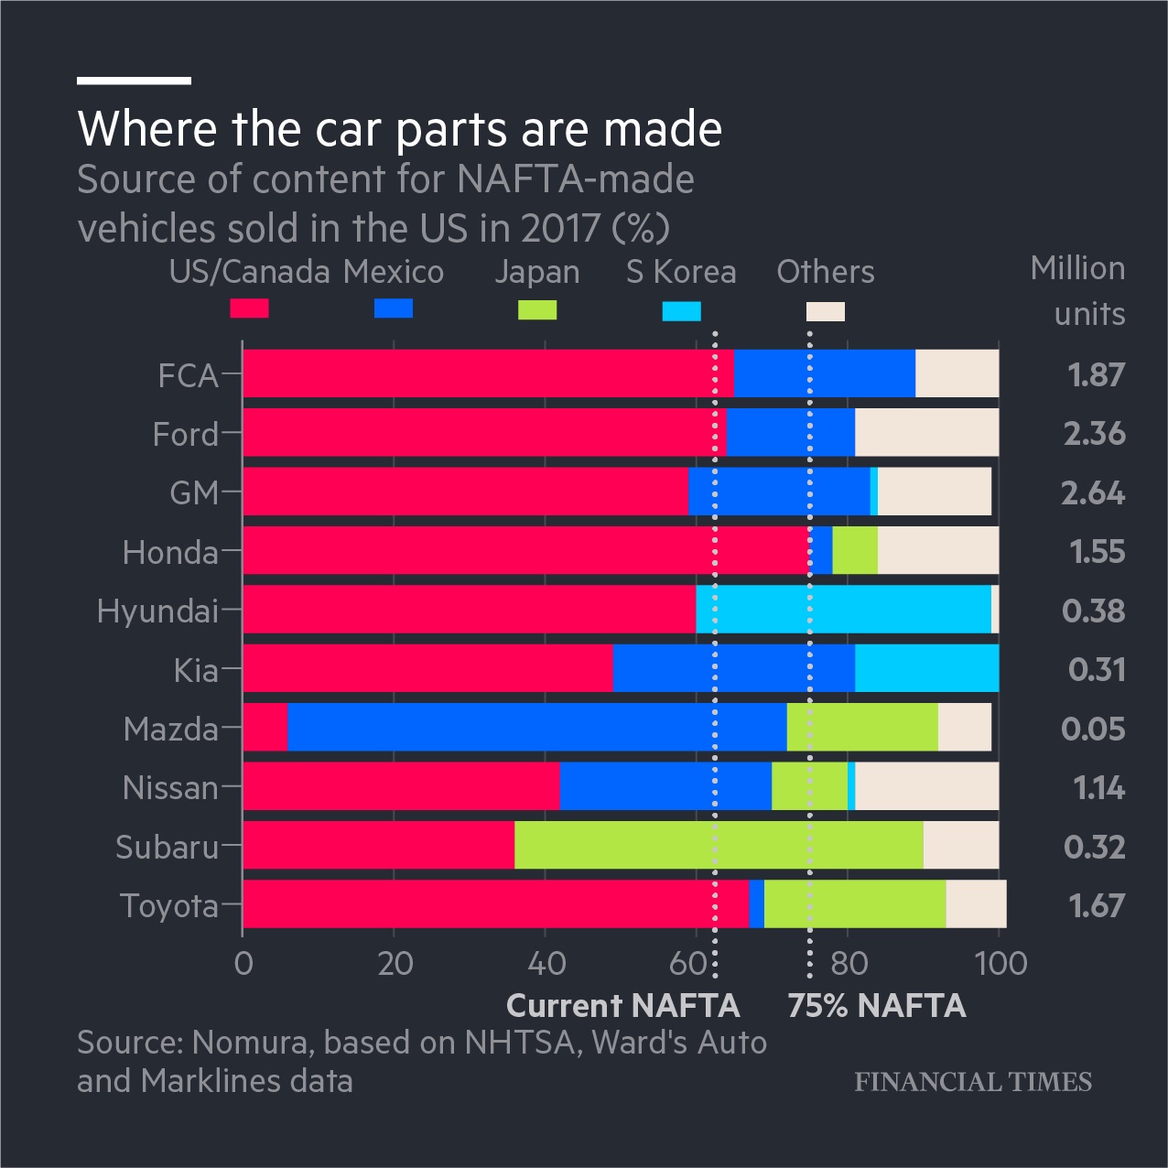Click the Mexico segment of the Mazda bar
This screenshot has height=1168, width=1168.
pyautogui.click(x=536, y=728)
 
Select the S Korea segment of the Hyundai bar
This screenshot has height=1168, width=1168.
pyautogui.click(x=843, y=610)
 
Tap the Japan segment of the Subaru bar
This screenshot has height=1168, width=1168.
pyautogui.click(x=719, y=845)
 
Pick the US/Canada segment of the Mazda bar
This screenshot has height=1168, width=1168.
pyautogui.click(x=265, y=728)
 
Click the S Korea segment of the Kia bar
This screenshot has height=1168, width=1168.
pyautogui.click(x=926, y=668)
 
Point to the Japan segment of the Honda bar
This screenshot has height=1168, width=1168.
pyautogui.click(x=854, y=550)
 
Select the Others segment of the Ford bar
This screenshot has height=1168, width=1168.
pyautogui.click(x=926, y=432)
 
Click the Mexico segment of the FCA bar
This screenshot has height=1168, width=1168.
pyautogui.click(x=824, y=373)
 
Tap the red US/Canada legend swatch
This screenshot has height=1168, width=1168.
pyautogui.click(x=249, y=308)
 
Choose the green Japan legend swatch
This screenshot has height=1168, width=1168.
pyautogui.click(x=537, y=309)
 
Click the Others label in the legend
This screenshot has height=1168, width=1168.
pyautogui.click(x=826, y=272)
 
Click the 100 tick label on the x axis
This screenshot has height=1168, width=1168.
pyautogui.click(x=1001, y=964)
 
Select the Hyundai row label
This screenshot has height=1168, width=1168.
pyautogui.click(x=157, y=611)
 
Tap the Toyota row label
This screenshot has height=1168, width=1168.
pyautogui.click(x=169, y=905)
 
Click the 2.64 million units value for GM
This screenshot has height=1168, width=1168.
pyautogui.click(x=1093, y=492)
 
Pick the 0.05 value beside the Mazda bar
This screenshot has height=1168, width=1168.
pyautogui.click(x=1093, y=729)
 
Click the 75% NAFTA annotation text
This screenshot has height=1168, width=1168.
pyautogui.click(x=877, y=1006)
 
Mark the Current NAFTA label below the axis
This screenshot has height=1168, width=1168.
pyautogui.click(x=622, y=1006)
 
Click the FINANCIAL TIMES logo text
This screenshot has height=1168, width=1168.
pyautogui.click(x=973, y=1082)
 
